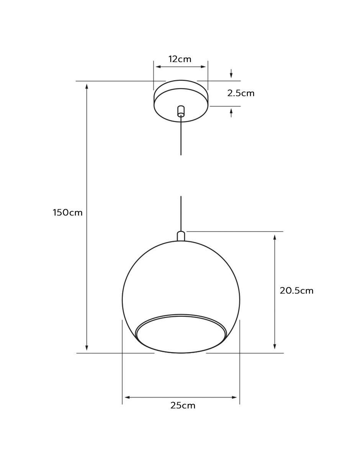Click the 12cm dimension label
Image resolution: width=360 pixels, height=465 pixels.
coord(180,59)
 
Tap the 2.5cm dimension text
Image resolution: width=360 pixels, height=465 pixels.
coord(241,93)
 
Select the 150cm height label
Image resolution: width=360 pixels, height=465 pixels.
coord(68,213)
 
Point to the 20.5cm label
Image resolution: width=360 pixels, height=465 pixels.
coord(296,290)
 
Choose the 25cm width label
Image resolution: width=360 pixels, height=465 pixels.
coord(183,406)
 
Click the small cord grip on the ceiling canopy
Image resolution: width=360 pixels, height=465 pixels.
coord(181,111)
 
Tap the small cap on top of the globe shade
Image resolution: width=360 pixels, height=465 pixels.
coord(181,236)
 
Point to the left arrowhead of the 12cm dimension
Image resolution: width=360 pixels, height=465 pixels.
coord(159,67)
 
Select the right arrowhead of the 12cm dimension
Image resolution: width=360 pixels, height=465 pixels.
coord(203,67)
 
